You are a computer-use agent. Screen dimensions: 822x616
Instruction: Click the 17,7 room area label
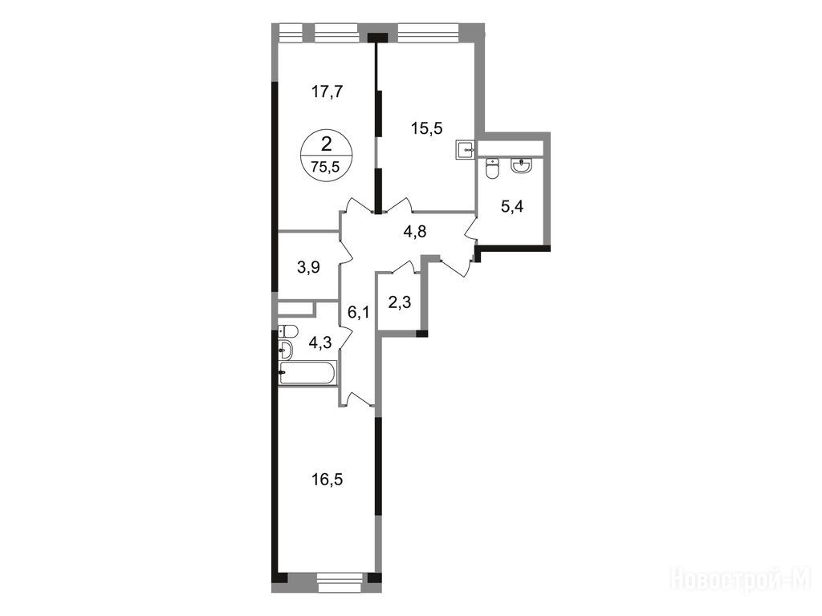point(327,92)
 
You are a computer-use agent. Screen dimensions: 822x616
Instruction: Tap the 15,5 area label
point(427,128)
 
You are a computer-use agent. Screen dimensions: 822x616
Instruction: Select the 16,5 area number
point(328,480)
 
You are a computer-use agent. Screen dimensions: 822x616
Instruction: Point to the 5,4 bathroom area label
point(512,206)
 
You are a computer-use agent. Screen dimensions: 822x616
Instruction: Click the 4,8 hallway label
point(415,232)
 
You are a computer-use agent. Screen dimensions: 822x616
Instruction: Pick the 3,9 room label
point(308,268)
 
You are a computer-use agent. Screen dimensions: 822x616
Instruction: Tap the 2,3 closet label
point(400,302)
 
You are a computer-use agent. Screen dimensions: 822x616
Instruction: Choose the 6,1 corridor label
point(359,313)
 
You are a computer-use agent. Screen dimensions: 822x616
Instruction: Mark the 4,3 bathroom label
point(319,343)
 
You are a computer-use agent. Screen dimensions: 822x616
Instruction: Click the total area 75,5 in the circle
point(326,167)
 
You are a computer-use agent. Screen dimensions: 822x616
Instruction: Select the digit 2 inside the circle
point(326,143)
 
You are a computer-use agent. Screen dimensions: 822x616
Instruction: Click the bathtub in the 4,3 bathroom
point(307,374)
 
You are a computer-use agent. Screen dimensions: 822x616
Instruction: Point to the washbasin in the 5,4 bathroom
point(520,165)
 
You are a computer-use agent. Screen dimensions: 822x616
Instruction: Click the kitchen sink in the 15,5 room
point(466,149)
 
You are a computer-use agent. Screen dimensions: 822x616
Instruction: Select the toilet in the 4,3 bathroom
point(288,331)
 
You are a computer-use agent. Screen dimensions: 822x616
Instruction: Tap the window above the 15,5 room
point(429,32)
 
